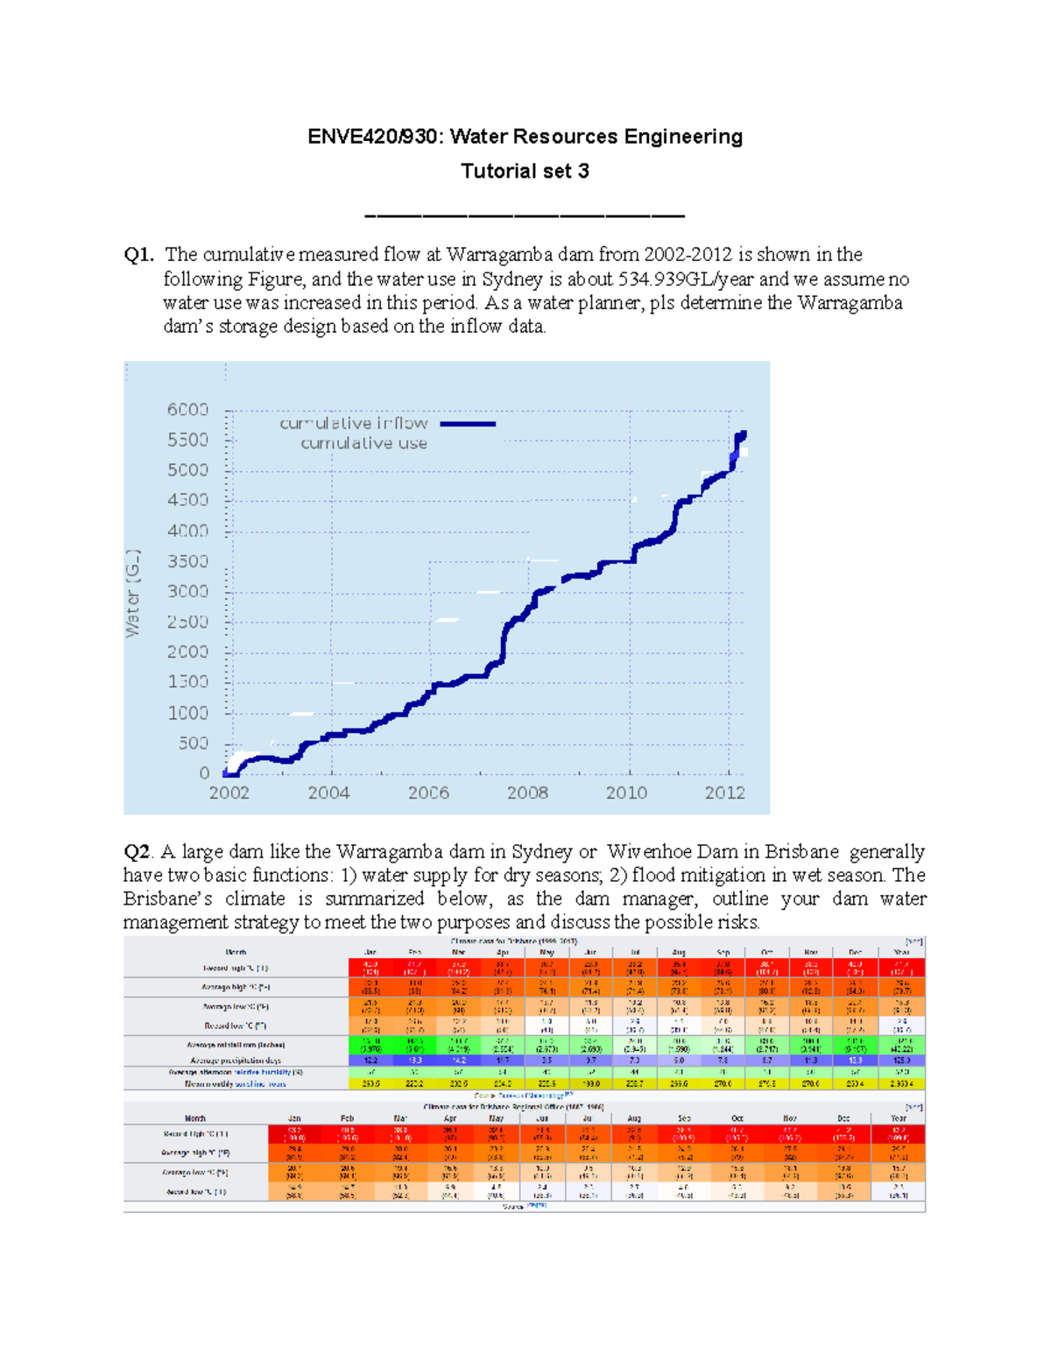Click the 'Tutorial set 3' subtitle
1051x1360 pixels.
pos(525,171)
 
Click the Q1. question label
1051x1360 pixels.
pos(138,255)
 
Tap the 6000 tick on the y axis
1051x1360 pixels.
pos(187,410)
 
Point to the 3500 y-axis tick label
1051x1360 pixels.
pos(187,561)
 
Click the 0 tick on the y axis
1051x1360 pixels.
pos(204,772)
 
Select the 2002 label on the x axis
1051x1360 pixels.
pos(229,793)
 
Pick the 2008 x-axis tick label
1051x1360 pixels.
pos(527,793)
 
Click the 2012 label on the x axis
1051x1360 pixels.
pos(725,793)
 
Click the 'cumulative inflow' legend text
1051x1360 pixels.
pos(353,423)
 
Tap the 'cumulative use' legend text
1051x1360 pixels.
pos(363,443)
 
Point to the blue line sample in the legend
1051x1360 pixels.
pos(468,424)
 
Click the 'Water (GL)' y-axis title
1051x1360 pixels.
pos(133,594)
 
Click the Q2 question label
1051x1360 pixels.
pos(138,852)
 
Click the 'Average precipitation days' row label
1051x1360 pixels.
pos(236,1061)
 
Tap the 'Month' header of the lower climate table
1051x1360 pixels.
pos(195,1118)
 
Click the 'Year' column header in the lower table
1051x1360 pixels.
pos(898,1118)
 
